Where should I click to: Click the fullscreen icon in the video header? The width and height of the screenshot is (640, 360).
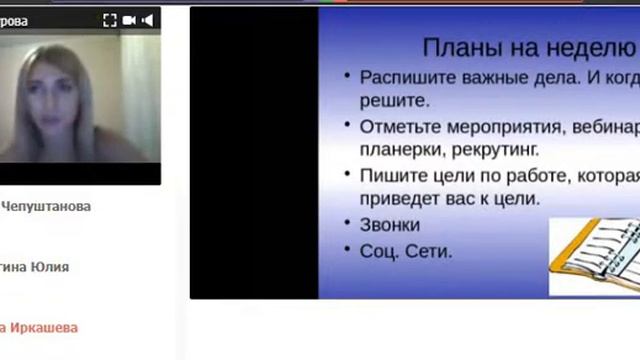point(110,20)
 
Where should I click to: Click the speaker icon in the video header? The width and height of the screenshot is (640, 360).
point(149,20)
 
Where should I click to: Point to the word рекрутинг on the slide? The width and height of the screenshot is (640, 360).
point(493,150)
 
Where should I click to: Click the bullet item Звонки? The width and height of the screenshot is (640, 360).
point(390,225)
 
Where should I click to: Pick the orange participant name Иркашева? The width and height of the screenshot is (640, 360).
point(45,327)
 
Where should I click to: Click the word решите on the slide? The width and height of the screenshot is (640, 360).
point(394,101)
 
